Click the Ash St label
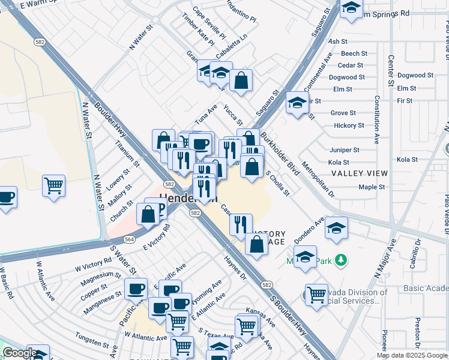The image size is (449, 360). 339,41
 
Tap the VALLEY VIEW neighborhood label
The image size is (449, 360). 360,173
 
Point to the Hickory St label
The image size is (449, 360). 349,125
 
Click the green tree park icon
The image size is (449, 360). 341,260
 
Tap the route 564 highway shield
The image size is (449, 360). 129,239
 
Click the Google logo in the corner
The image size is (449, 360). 20,353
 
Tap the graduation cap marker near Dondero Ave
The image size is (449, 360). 336,229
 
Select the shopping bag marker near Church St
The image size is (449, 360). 148,214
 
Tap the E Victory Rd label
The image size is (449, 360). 157,237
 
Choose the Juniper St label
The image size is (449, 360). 345,150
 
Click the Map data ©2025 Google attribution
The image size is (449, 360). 411,355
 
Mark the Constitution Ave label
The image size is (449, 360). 377,119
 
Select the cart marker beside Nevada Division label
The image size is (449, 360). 316,295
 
